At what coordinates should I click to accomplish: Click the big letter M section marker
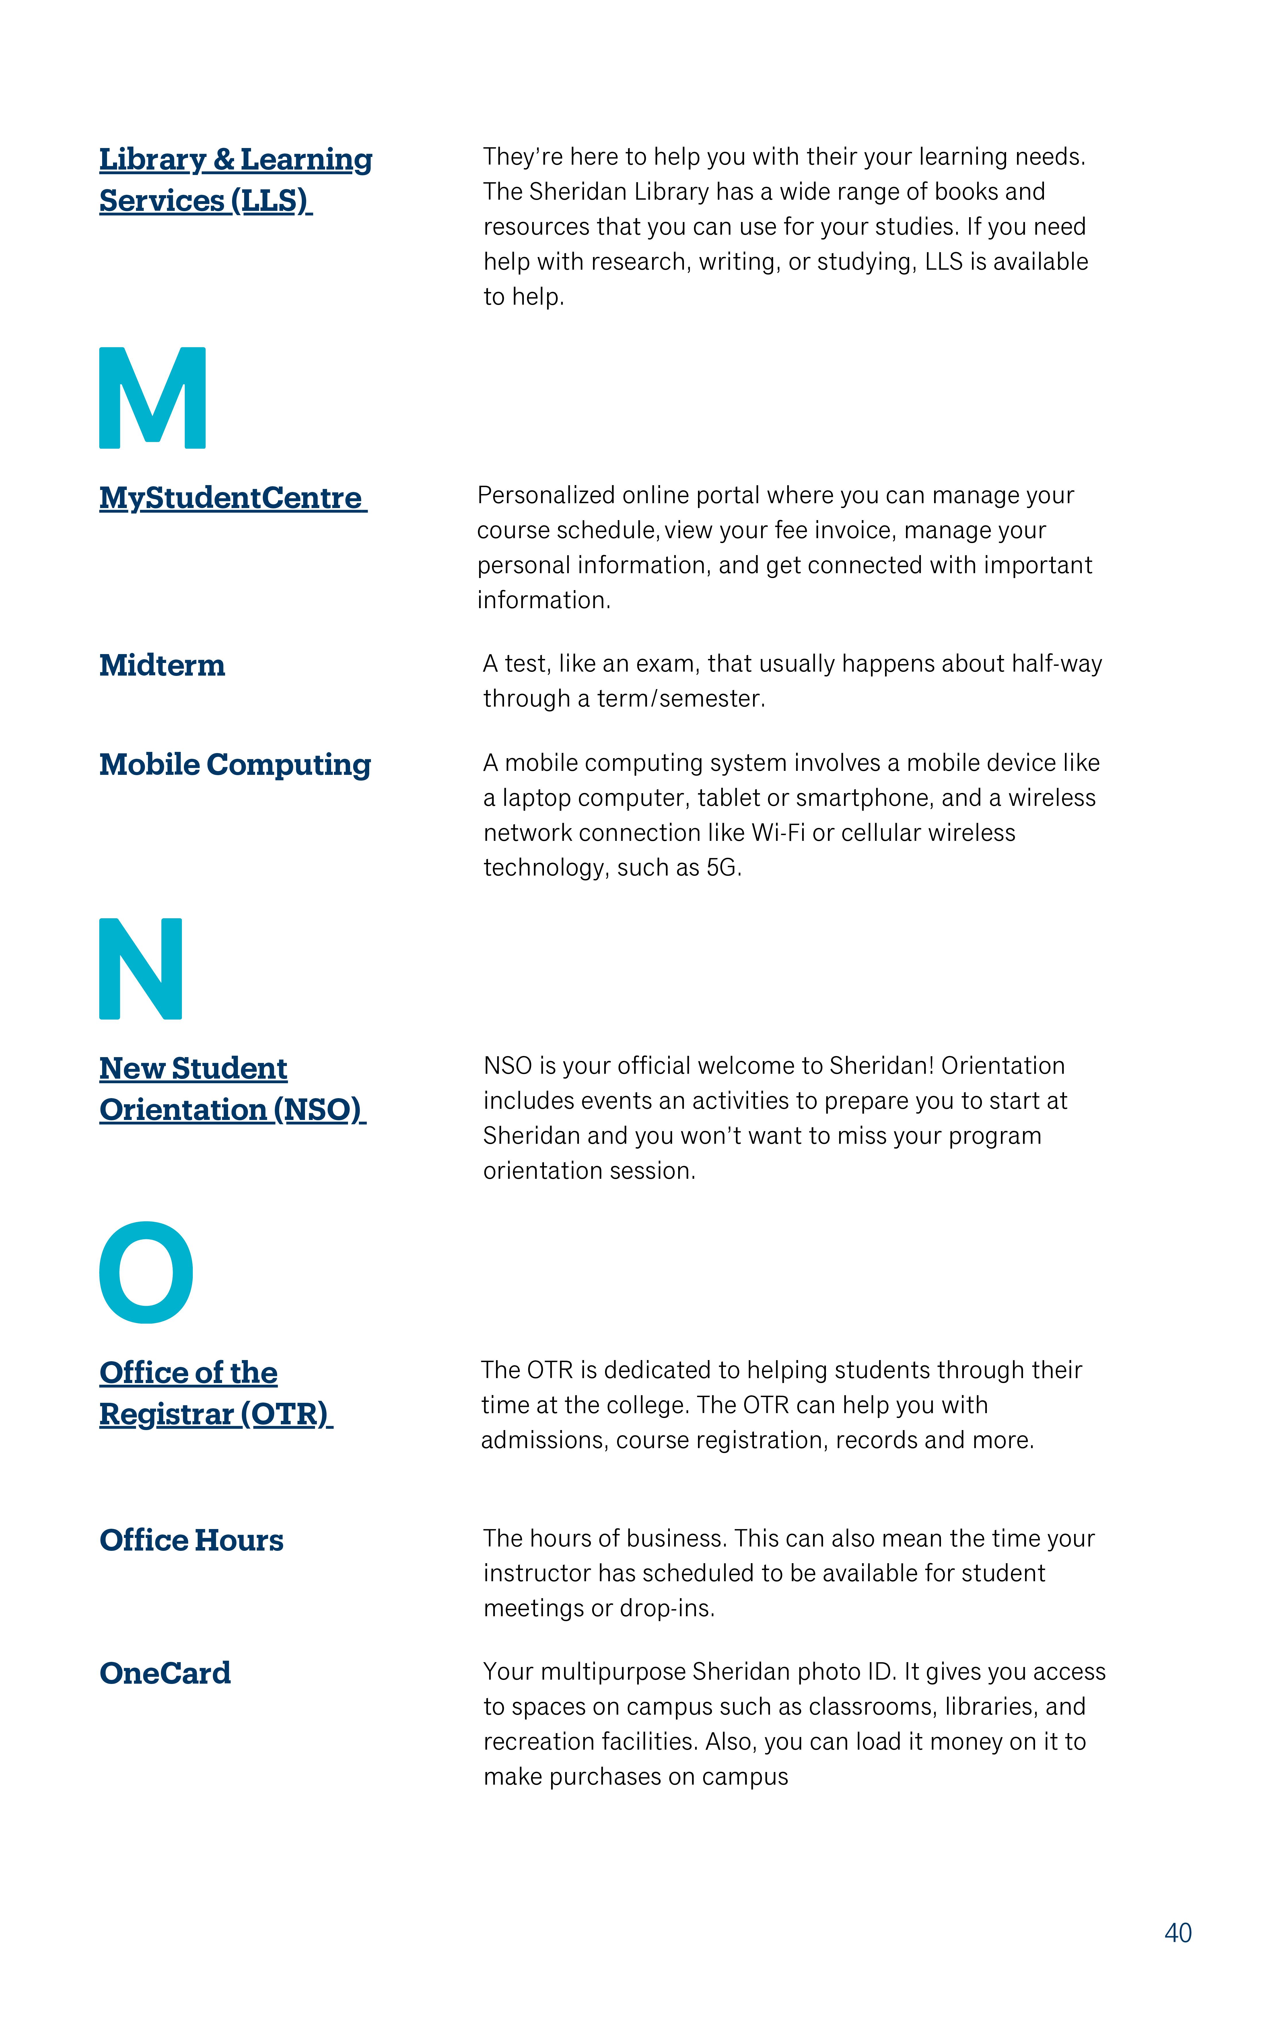tap(152, 398)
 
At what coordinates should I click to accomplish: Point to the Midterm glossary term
tap(162, 665)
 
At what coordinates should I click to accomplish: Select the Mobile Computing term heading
tap(235, 765)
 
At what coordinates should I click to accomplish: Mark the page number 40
tap(1178, 1934)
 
